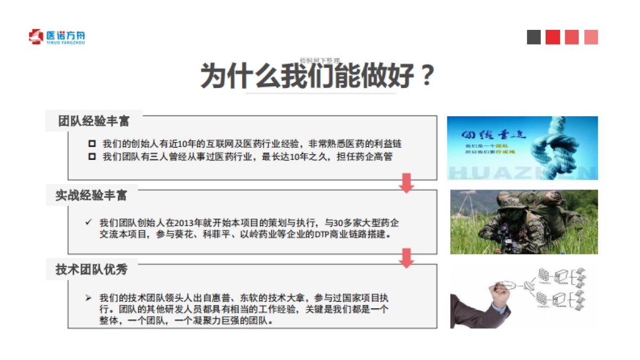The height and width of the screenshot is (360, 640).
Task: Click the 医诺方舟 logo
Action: (57, 37)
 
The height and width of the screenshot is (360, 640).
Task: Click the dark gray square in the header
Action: (534, 37)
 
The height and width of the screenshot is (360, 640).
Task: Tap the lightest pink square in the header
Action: (591, 37)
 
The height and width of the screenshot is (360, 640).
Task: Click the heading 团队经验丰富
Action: (94, 121)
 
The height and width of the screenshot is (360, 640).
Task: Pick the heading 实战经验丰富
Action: (92, 195)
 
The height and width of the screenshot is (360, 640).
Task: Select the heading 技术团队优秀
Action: (92, 269)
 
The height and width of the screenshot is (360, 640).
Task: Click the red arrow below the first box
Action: (407, 182)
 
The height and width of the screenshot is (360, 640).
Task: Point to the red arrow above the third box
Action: (407, 258)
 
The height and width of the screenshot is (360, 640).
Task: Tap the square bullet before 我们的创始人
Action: (91, 144)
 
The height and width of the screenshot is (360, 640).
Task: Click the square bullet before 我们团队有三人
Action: (91, 156)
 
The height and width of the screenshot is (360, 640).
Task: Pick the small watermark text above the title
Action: (319, 61)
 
